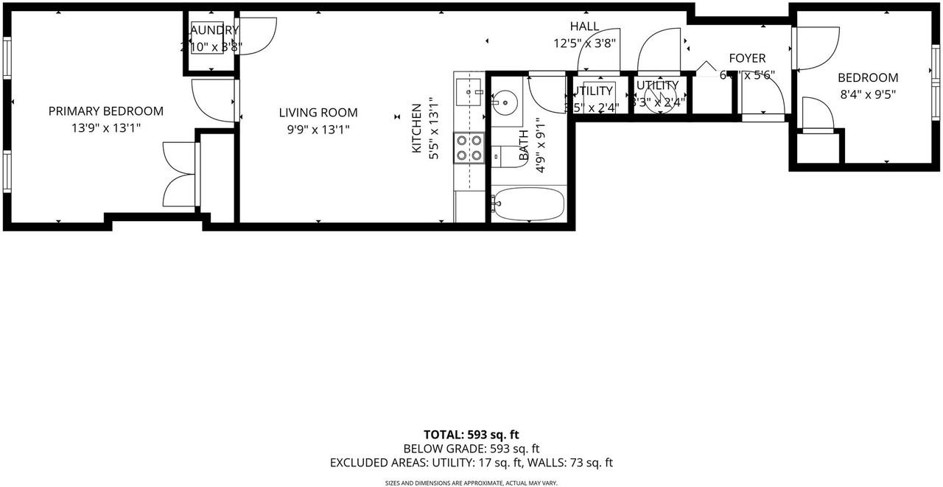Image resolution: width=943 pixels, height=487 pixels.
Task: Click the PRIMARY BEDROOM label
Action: click(105, 111)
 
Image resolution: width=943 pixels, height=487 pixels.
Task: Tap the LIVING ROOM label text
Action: click(318, 113)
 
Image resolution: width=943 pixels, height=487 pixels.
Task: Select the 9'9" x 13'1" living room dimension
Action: click(318, 130)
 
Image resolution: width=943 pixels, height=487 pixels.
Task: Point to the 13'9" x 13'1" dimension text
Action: click(105, 128)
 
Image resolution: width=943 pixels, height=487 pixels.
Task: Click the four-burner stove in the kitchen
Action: click(469, 147)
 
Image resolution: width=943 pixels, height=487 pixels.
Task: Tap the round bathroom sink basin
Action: click(505, 101)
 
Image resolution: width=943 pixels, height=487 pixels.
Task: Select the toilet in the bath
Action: click(507, 155)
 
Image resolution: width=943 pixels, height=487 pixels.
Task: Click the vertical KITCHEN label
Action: click(416, 128)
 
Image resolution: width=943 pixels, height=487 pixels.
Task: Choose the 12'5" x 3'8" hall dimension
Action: click(584, 43)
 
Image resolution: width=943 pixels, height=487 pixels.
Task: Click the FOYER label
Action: click(747, 58)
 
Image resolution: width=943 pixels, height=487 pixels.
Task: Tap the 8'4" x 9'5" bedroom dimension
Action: click(867, 94)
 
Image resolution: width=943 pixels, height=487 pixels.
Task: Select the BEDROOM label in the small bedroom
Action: click(867, 77)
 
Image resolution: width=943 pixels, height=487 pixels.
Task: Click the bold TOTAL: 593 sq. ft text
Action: click(471, 435)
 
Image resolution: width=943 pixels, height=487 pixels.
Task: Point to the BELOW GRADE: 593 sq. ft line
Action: click(471, 449)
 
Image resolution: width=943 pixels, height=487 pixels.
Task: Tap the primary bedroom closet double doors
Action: click(180, 175)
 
